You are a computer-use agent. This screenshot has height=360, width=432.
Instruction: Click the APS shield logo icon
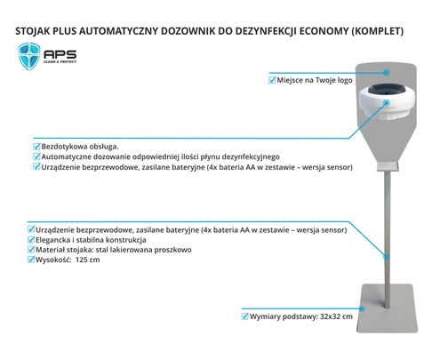pos(29,56)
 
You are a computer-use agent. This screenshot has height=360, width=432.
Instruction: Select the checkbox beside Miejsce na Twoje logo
pos(272,80)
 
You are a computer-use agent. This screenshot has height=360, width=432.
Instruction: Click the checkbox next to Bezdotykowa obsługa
pos(36,147)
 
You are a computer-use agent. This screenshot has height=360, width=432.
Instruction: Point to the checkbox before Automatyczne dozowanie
pos(36,156)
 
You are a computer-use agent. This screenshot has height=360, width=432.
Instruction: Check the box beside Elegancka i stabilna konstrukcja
pos(31,240)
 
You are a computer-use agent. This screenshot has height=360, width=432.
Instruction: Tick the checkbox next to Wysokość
pos(31,260)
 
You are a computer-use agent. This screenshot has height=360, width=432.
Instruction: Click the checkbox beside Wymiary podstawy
pos(244,316)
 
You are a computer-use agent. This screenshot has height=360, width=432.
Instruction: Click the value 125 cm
pos(88,260)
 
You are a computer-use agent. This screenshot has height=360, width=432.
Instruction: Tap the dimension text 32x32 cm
pos(336,316)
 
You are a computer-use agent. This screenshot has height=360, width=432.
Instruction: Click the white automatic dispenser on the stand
pos(387,101)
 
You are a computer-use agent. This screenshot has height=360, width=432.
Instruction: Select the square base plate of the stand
pos(387,308)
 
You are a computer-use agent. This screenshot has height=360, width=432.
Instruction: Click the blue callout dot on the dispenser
pos(387,103)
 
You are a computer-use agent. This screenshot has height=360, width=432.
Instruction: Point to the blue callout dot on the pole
pos(387,257)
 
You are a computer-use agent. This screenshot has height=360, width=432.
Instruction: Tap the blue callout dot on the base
pos(362,308)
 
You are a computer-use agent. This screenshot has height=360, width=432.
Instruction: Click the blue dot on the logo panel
pos(387,72)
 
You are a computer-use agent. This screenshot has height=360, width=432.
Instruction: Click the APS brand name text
pos(60,54)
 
